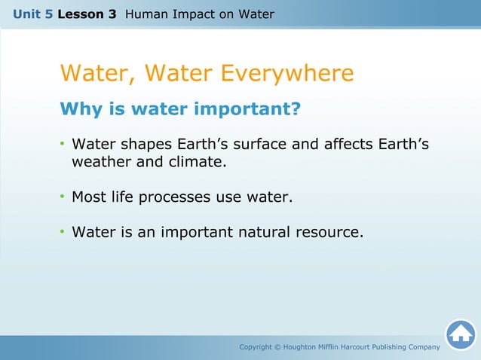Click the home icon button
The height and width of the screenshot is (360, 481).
click(x=460, y=334)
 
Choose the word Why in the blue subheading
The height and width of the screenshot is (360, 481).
click(x=79, y=110)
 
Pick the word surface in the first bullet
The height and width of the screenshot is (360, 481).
click(x=259, y=144)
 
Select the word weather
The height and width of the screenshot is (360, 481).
click(x=102, y=162)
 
